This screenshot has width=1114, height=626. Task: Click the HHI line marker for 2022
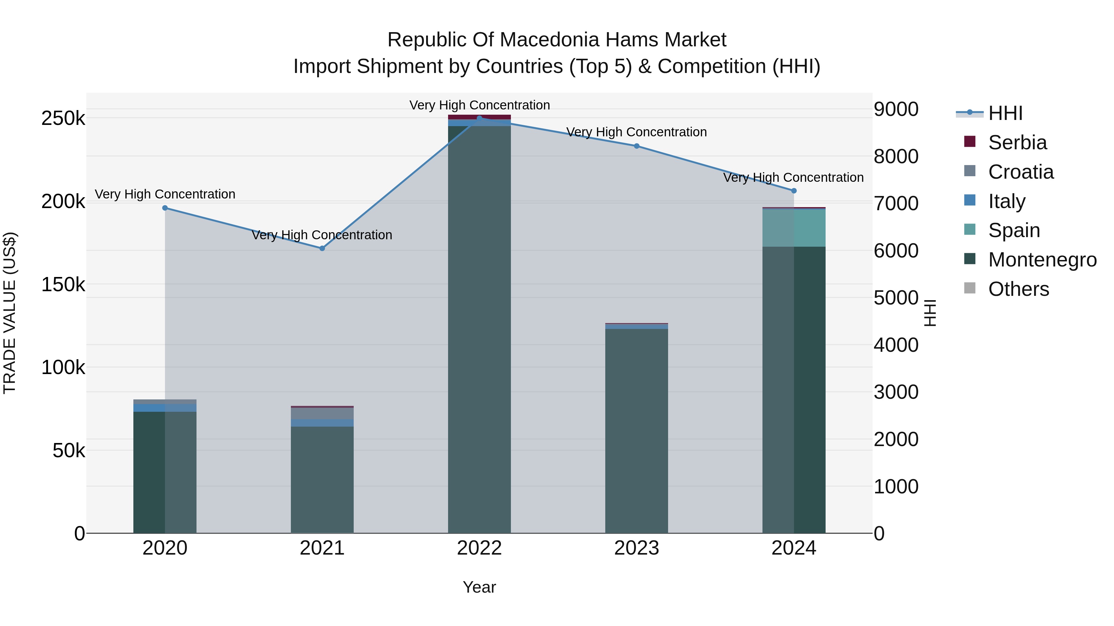coord(479,118)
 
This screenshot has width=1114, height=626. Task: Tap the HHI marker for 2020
coord(165,208)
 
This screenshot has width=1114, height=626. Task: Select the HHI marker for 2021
coord(322,249)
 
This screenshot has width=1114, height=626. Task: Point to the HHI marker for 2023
coord(637,146)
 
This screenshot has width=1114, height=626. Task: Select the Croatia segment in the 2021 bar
coord(322,413)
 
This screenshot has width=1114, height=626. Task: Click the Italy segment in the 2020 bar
coord(165,408)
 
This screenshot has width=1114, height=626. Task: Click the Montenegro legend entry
coord(1042,260)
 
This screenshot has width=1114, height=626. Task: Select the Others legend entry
coord(1018,289)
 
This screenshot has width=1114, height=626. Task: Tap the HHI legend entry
coord(1005,113)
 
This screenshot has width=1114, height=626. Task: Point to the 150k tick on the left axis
coord(63,285)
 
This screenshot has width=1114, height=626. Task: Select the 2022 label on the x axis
coord(479,548)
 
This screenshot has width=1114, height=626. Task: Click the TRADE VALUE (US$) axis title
coord(10,313)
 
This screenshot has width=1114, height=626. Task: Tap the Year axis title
coord(479,587)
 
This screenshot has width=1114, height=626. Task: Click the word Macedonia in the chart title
coord(550,40)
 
